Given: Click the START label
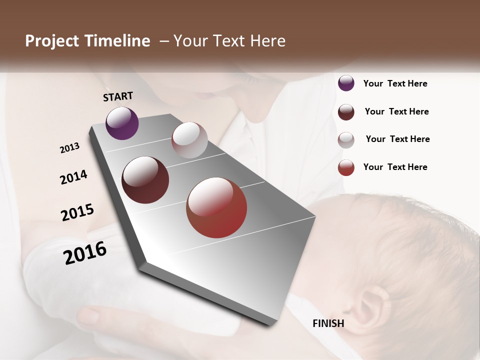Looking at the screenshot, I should [x=118, y=96].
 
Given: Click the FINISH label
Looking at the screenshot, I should [x=328, y=323].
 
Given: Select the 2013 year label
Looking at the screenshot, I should [x=70, y=148].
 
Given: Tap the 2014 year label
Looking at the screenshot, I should [x=74, y=177].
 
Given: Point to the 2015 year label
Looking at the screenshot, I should [x=77, y=212].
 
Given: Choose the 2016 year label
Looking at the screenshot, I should [x=85, y=252].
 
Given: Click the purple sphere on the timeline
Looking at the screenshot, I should [x=122, y=123].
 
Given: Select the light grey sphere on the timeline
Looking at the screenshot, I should [x=189, y=140].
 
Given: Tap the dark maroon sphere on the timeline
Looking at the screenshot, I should [x=145, y=180].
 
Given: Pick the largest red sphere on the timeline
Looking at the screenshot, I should [x=216, y=207].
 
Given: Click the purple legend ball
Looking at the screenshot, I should [x=346, y=83].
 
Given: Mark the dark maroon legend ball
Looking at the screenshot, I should [x=346, y=112].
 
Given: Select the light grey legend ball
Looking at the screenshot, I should [x=346, y=140].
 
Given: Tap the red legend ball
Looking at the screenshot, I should [x=346, y=167].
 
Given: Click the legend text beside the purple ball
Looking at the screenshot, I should [x=395, y=83].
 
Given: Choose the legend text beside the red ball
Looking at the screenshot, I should [x=395, y=167].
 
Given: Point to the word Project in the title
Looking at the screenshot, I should [x=51, y=41].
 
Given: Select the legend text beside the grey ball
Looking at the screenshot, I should [x=398, y=139].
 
